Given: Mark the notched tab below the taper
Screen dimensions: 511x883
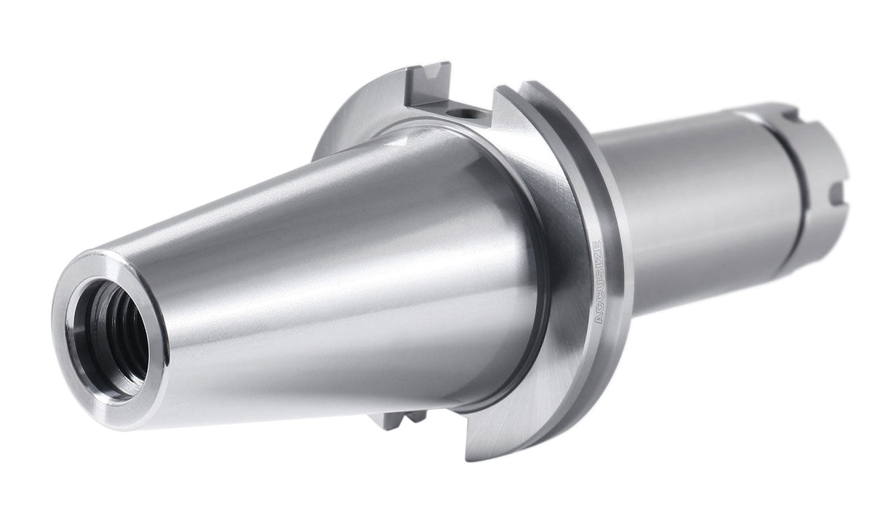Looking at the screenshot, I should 396,419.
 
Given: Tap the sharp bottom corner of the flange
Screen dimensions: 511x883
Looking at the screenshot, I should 470,457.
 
